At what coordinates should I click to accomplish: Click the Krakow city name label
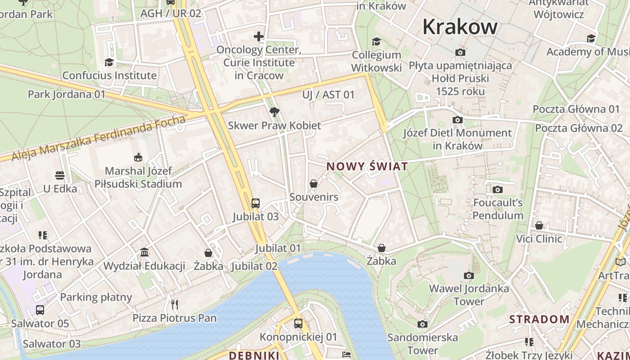pyautogui.click(x=460, y=27)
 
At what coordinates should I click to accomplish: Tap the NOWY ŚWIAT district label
pyautogui.click(x=367, y=166)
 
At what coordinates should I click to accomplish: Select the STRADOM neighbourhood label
pyautogui.click(x=539, y=319)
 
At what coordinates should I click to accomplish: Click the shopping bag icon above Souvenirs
pyautogui.click(x=314, y=184)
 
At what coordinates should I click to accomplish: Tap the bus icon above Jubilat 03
pyautogui.click(x=255, y=203)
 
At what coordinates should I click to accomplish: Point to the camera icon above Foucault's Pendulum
pyautogui.click(x=497, y=189)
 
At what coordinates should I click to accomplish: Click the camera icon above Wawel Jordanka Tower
pyautogui.click(x=468, y=275)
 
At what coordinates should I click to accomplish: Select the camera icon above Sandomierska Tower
pyautogui.click(x=422, y=324)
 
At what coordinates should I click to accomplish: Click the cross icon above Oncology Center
pyautogui.click(x=258, y=36)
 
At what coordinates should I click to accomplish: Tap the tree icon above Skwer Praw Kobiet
pyautogui.click(x=274, y=112)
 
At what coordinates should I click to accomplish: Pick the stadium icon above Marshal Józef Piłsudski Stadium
pyautogui.click(x=138, y=157)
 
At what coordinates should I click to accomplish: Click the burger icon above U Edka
pyautogui.click(x=60, y=175)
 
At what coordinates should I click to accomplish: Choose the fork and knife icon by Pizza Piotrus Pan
pyautogui.click(x=175, y=305)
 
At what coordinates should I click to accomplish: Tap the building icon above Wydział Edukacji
pyautogui.click(x=144, y=252)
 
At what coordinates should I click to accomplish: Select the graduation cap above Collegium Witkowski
pyautogui.click(x=376, y=41)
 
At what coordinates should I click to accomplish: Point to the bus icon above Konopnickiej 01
pyautogui.click(x=298, y=323)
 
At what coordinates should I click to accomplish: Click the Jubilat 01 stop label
pyautogui.click(x=278, y=248)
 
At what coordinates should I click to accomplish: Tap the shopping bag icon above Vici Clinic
pyautogui.click(x=539, y=225)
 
